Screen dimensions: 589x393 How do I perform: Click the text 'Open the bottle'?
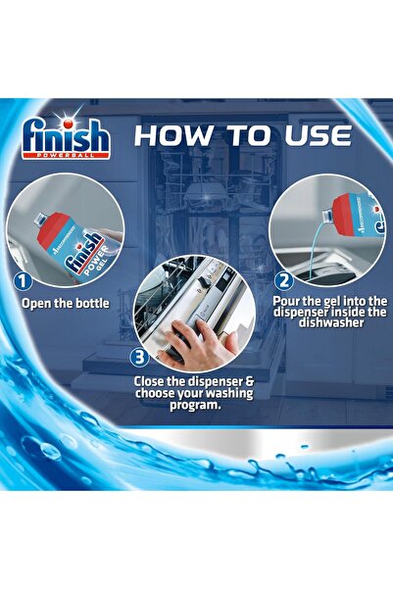(66, 303)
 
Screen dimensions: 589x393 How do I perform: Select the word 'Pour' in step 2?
(286, 305)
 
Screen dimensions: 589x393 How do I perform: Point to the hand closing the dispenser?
(195, 343)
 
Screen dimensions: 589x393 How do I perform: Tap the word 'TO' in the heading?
(247, 135)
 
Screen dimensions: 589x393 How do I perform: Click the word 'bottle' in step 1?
(90, 303)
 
